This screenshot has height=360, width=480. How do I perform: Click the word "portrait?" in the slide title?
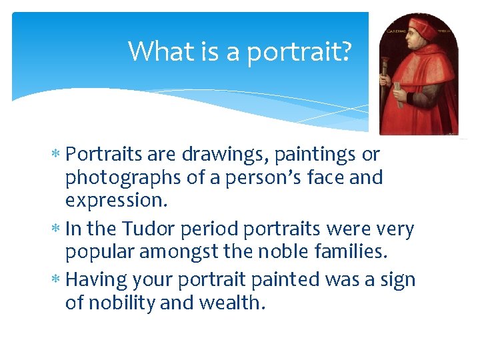(x=299, y=52)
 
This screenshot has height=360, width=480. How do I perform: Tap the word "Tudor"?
(x=147, y=229)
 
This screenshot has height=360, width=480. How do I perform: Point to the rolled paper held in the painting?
(x=397, y=93)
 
